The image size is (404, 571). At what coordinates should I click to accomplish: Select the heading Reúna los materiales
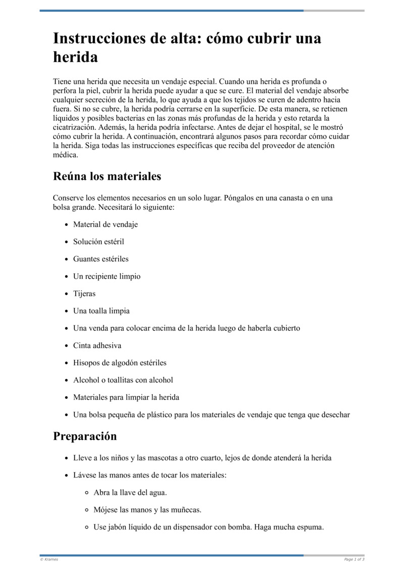click(x=107, y=176)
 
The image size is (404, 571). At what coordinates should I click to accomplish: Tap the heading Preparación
click(x=85, y=436)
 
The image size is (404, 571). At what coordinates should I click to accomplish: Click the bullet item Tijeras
click(x=84, y=294)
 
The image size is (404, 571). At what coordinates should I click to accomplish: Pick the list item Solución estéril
click(x=98, y=242)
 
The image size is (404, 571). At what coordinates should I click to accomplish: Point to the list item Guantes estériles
click(x=101, y=259)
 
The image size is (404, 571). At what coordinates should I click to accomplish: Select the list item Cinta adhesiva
click(x=97, y=346)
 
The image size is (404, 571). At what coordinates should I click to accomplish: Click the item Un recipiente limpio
click(x=107, y=276)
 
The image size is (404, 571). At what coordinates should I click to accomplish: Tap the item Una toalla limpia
click(x=102, y=311)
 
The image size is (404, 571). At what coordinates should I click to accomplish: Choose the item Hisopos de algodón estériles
click(x=120, y=363)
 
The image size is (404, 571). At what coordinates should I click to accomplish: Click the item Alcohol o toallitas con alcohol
click(x=123, y=380)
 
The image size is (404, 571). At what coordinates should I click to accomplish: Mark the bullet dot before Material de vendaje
click(x=66, y=225)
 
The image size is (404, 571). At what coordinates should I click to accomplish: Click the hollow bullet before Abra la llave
click(x=87, y=493)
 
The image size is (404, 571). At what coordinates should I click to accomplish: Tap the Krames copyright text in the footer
click(x=49, y=559)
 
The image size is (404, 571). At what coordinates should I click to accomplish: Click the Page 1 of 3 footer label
click(x=354, y=559)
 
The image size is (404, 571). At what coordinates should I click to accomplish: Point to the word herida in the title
click(x=76, y=57)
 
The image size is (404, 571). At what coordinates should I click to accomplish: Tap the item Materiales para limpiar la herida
click(x=126, y=397)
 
